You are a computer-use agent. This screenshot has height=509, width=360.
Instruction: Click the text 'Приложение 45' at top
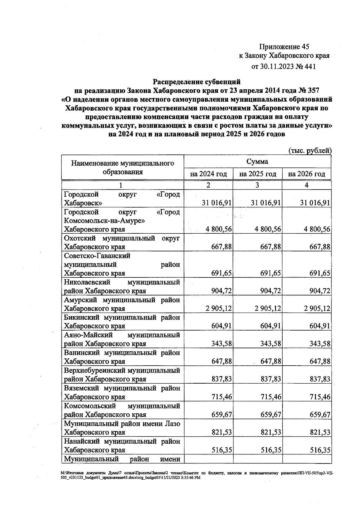[284, 46]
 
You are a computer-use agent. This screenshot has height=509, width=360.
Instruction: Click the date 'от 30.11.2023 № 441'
[283, 67]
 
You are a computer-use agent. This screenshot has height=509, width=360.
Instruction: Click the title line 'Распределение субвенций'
[197, 81]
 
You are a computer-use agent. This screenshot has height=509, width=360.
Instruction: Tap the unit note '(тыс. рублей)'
[310, 151]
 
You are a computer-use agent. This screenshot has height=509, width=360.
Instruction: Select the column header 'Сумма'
[257, 162]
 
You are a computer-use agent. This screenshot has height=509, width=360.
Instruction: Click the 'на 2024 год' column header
[208, 174]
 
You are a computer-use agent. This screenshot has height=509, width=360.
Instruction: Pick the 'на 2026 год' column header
[306, 174]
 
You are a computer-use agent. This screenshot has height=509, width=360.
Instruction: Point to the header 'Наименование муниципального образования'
[122, 167]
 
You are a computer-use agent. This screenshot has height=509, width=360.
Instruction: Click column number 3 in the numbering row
[257, 185]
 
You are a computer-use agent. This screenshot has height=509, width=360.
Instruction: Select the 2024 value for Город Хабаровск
[217, 203]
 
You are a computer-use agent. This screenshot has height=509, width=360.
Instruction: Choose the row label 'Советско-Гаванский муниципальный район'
[122, 265]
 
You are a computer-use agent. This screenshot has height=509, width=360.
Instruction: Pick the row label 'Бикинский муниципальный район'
[122, 322]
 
